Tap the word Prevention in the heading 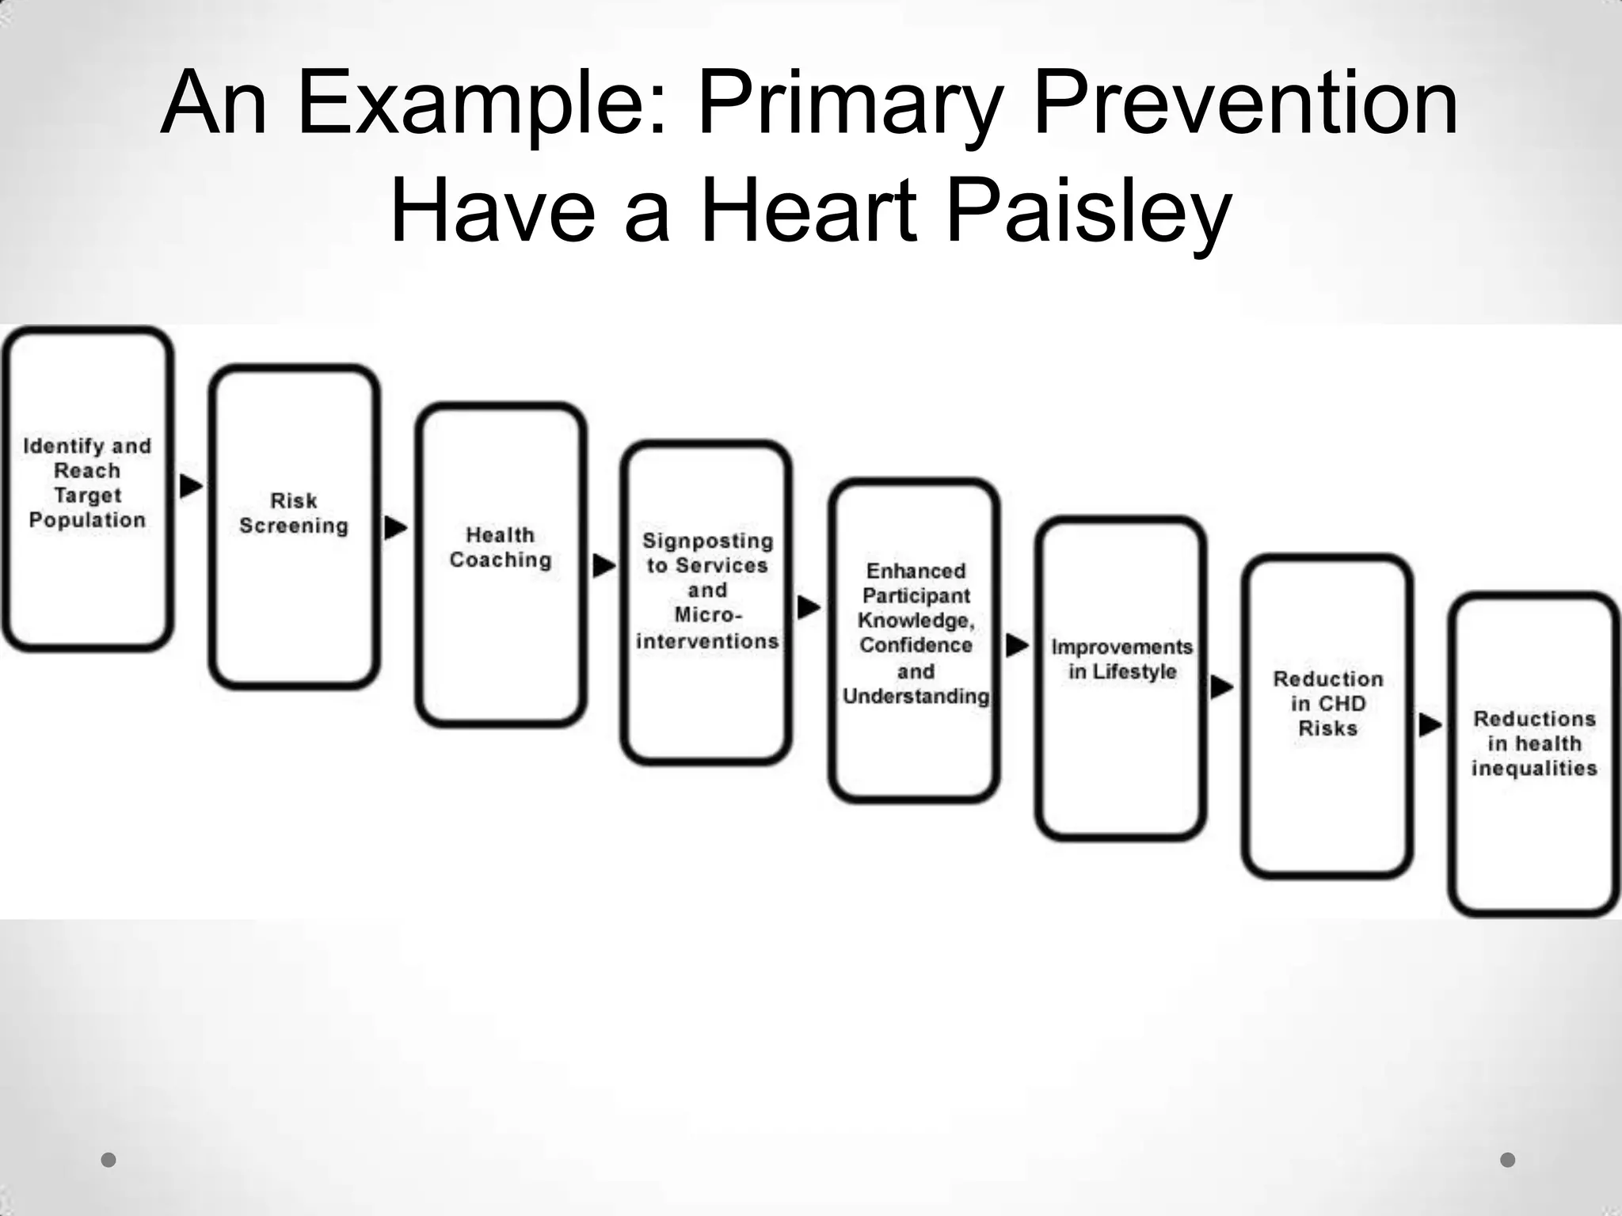coord(1245,104)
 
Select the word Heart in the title coord(809,212)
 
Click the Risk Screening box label coord(294,513)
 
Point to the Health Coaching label coord(500,547)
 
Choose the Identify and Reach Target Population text coord(87,483)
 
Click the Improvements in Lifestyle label coord(1121,659)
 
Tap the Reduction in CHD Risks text coord(1328,703)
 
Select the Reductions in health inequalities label coord(1534,743)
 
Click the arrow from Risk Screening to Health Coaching coord(395,527)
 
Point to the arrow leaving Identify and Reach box coord(191,486)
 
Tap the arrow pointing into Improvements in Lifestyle coord(1017,645)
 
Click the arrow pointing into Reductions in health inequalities coord(1430,724)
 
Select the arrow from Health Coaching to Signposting coord(603,565)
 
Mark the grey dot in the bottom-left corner coord(109,1160)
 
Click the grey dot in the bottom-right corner coord(1508,1160)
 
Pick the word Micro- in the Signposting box coord(708,615)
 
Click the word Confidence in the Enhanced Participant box coord(916,645)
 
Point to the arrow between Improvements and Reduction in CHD coord(1222,687)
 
